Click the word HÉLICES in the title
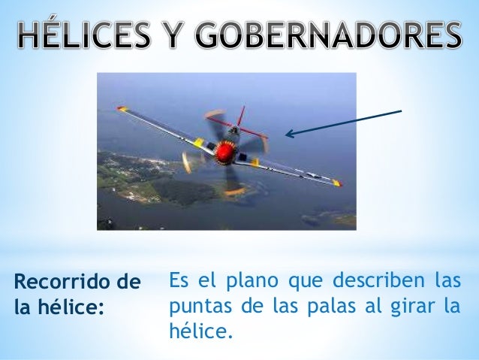(x=90, y=35)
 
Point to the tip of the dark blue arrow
(x=286, y=135)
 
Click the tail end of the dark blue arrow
(x=401, y=111)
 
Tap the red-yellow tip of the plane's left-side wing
(x=122, y=110)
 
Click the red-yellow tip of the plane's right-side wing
(x=337, y=183)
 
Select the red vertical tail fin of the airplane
(x=240, y=117)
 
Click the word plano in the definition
(x=242, y=282)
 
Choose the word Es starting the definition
(x=179, y=282)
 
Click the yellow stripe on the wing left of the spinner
(x=198, y=142)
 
